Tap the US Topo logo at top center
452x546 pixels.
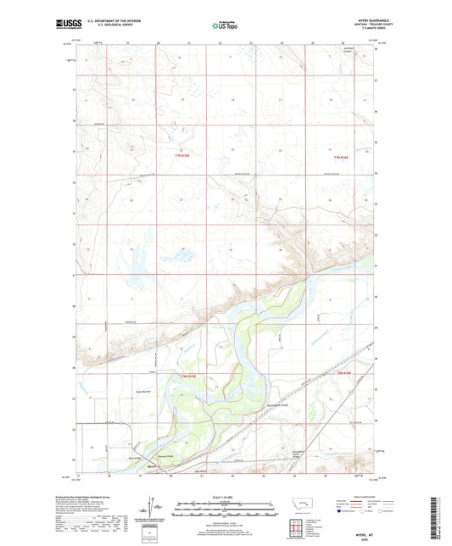click(225, 27)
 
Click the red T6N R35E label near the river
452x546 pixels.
click(187, 374)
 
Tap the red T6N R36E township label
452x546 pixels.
click(343, 374)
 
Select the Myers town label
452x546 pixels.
click(153, 466)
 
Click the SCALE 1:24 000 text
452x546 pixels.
click(226, 496)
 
